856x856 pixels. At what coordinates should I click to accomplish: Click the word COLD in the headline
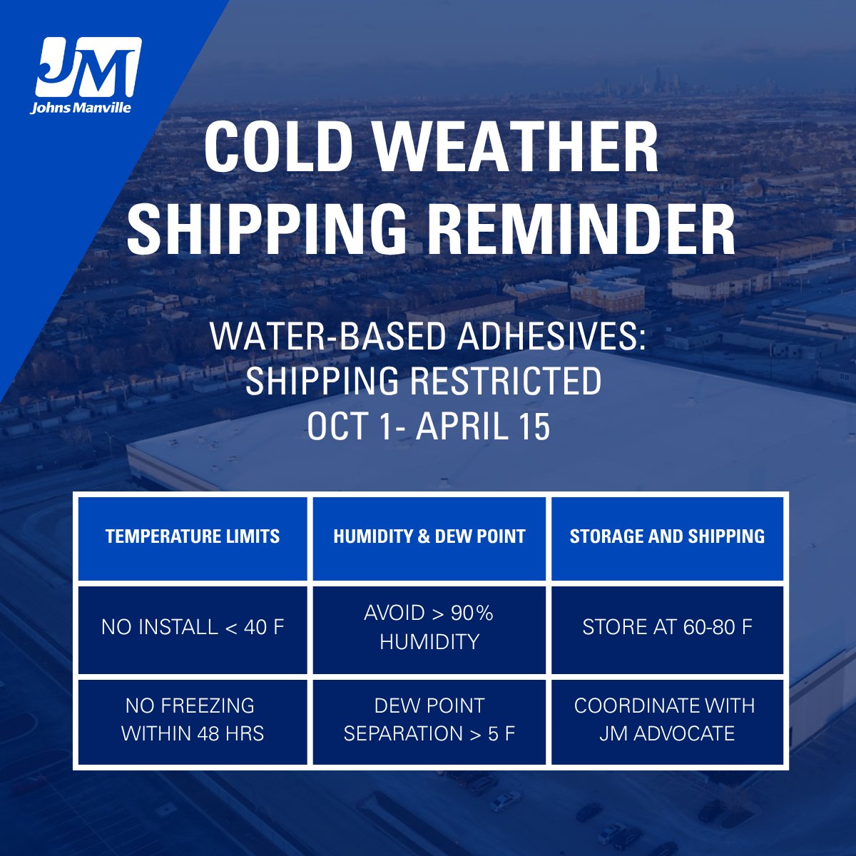click(278, 148)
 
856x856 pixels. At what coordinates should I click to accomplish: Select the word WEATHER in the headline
click(516, 148)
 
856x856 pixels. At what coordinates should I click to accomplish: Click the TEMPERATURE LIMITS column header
click(193, 536)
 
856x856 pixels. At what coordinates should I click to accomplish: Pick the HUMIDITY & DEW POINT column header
click(429, 536)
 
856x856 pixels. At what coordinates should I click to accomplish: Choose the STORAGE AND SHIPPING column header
click(667, 536)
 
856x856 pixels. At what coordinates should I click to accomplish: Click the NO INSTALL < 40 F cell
click(193, 628)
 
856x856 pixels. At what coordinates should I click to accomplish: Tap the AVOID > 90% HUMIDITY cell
click(429, 628)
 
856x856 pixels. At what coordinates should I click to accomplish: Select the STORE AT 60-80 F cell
click(667, 628)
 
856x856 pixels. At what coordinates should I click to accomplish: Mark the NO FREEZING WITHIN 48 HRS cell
click(193, 720)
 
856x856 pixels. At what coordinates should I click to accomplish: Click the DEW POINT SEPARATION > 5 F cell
click(429, 720)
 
